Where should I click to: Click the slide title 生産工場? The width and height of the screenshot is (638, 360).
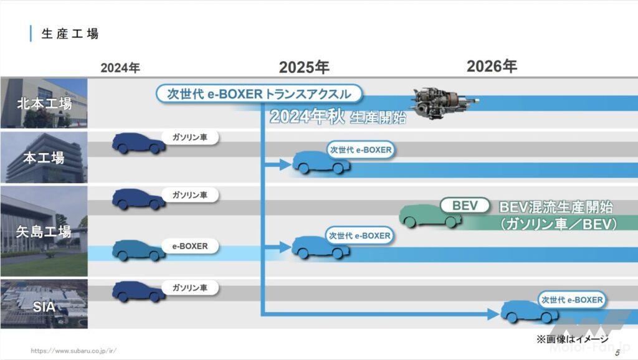tap(70, 34)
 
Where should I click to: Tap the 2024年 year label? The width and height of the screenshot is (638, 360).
tap(120, 67)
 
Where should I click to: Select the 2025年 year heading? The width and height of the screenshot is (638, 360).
tap(304, 67)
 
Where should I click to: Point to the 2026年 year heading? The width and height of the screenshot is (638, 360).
tap(492, 66)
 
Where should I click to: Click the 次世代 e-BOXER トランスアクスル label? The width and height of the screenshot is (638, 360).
tap(259, 94)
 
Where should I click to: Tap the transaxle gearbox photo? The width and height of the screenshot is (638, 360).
tap(444, 102)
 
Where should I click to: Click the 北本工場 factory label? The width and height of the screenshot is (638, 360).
tap(44, 104)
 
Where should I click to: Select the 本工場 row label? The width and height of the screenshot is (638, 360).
tap(44, 158)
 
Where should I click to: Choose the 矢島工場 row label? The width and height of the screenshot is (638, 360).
tap(44, 232)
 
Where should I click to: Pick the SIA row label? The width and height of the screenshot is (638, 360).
tap(44, 306)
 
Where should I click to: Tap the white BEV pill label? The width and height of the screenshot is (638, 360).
tap(465, 206)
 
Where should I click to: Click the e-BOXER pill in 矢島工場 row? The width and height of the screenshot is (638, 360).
tap(189, 246)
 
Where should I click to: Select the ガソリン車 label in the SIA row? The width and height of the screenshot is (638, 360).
tap(189, 288)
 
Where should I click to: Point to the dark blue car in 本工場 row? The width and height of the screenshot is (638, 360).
tap(139, 143)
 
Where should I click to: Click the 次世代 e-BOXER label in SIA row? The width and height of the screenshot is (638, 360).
tap(572, 300)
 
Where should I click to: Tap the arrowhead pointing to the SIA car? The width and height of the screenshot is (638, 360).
tap(493, 314)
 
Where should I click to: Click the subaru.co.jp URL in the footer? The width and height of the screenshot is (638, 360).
tap(74, 351)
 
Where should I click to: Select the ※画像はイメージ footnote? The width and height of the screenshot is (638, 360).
tap(573, 339)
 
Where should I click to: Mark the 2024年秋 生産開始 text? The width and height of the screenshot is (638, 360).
tap(338, 116)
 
